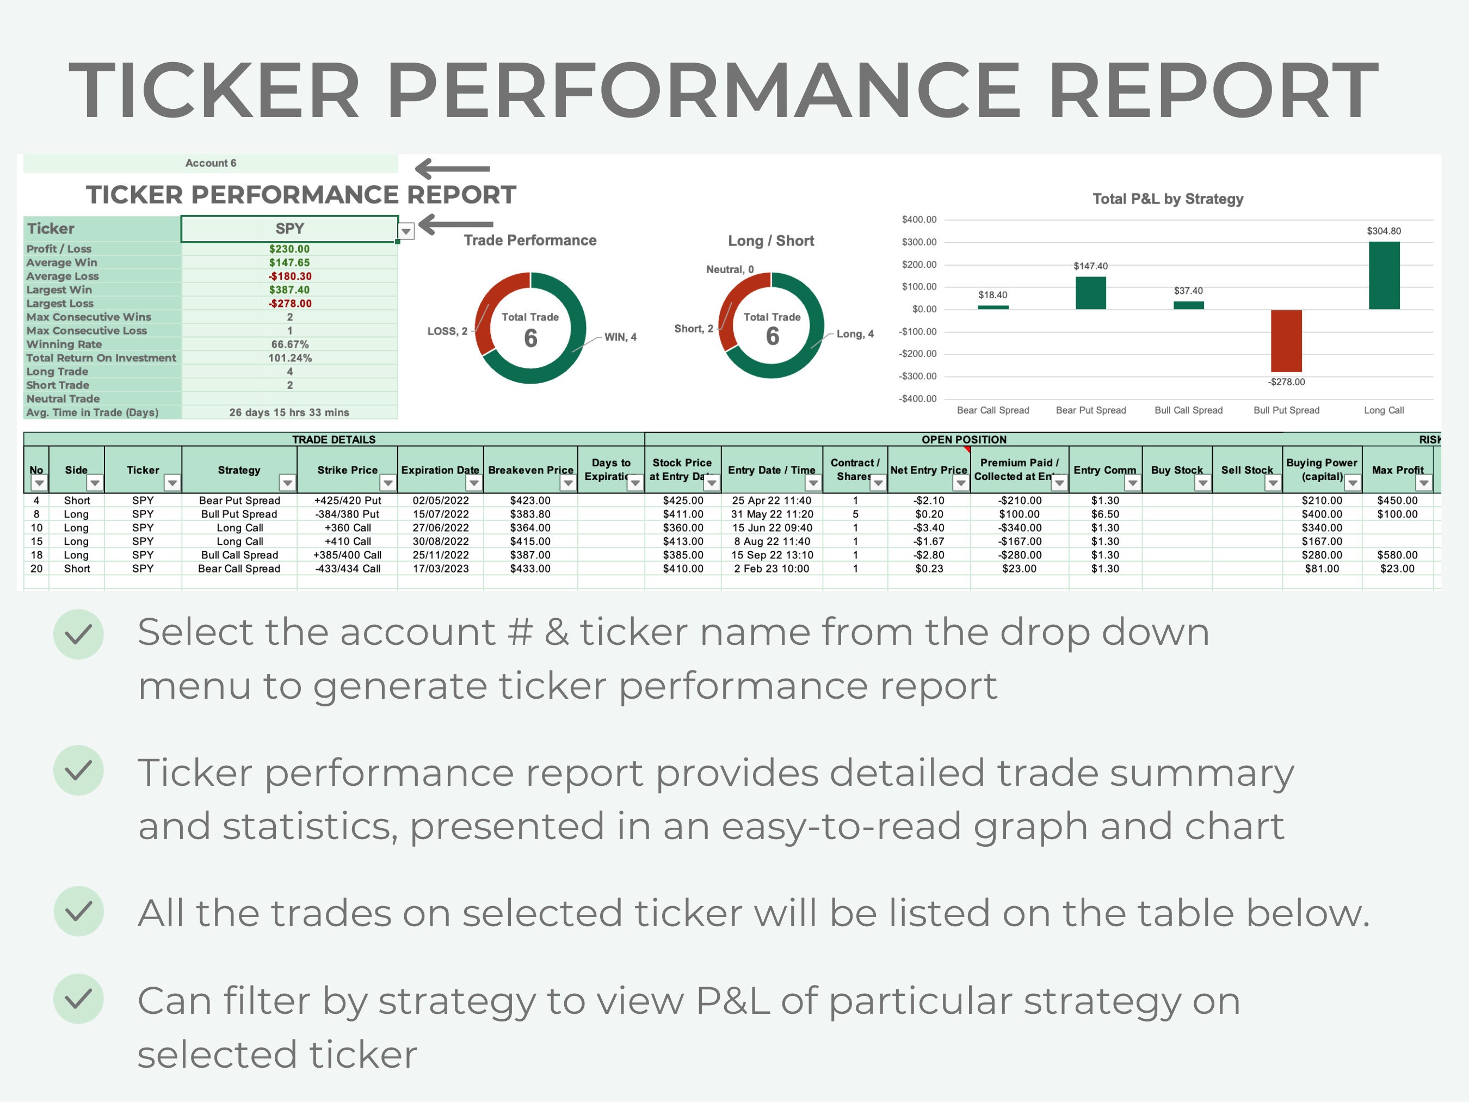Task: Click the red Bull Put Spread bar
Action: tap(1286, 341)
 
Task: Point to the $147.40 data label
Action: tap(1090, 266)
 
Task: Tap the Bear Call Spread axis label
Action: tap(993, 410)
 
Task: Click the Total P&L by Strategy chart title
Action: tap(1168, 199)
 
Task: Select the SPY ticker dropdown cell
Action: tap(289, 229)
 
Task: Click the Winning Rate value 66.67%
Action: tap(289, 344)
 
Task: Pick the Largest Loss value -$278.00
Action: tap(289, 304)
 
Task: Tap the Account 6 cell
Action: tap(211, 163)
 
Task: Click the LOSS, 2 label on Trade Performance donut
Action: tap(447, 331)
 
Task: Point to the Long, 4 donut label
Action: tap(855, 334)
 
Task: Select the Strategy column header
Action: tap(239, 470)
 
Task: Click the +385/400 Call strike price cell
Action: tap(347, 555)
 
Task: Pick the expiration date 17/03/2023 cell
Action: tap(440, 569)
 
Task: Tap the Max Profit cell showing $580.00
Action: tap(1397, 555)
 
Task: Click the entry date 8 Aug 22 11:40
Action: tap(771, 541)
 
